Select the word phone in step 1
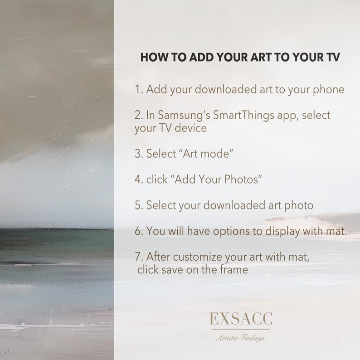(328, 89)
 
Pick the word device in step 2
(191, 128)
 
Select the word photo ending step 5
(297, 205)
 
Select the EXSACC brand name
(240, 319)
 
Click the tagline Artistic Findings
(240, 338)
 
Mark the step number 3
(138, 153)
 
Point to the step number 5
(138, 205)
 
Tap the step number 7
(138, 257)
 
